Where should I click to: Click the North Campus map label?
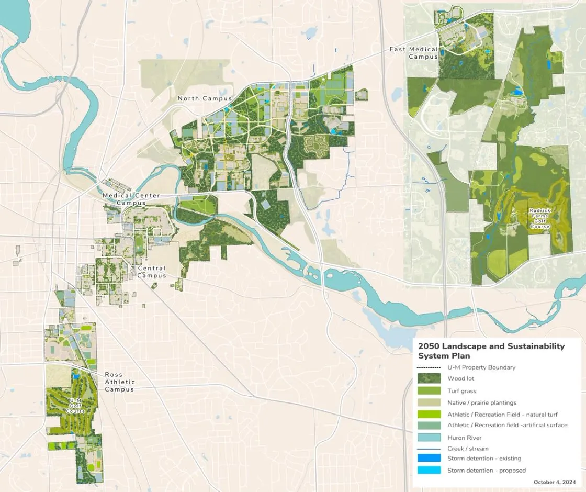click(205, 98)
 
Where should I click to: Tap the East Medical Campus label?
click(413, 53)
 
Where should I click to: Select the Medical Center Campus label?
click(131, 199)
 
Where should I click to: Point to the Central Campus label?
click(152, 272)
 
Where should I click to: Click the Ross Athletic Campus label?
click(119, 382)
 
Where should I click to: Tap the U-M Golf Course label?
click(75, 406)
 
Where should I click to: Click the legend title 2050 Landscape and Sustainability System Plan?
click(491, 351)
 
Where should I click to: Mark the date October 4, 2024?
click(555, 482)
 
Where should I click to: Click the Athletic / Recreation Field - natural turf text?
click(502, 414)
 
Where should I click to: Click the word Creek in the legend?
click(456, 449)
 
